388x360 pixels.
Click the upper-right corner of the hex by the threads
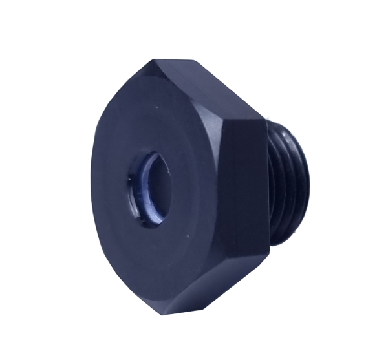point(263,120)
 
